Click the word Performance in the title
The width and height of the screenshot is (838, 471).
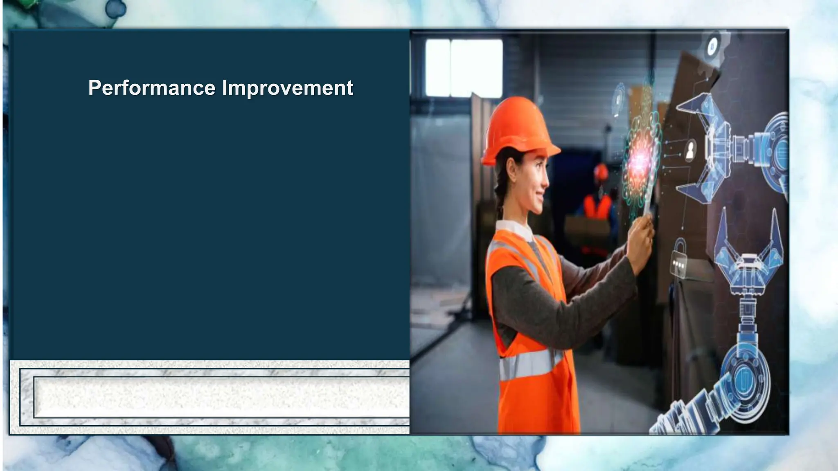tap(152, 88)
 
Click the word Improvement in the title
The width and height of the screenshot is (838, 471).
tap(287, 88)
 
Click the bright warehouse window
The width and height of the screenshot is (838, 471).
tap(464, 68)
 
